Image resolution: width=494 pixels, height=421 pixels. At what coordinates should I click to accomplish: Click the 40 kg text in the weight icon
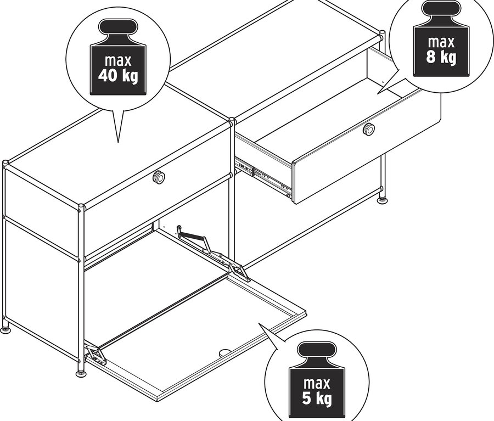pos(118,75)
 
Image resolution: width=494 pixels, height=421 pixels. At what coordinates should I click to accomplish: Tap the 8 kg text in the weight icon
pos(441,57)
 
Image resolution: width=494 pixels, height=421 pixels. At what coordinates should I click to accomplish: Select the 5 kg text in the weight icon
pos(317,399)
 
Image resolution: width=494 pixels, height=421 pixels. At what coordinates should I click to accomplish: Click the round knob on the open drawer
pos(369,129)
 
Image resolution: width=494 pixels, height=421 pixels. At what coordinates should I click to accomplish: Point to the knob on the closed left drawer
pos(159,177)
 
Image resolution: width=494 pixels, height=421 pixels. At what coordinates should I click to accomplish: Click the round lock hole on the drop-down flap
pos(225,353)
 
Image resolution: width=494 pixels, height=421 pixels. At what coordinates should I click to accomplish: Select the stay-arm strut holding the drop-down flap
pos(195,236)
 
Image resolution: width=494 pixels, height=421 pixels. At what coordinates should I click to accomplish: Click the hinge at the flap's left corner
pos(95,354)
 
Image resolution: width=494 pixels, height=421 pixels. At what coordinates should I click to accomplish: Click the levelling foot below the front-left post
pos(81,373)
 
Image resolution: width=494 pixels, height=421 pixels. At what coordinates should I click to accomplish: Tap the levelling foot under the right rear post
pos(381,200)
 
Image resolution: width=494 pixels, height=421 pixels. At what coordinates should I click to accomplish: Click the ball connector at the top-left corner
pos(5,163)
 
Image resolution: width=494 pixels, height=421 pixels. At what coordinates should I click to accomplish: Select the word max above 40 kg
pos(118,59)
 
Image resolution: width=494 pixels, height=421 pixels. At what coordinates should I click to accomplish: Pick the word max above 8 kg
pos(441,42)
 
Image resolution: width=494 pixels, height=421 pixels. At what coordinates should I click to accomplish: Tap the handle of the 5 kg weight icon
pos(317,350)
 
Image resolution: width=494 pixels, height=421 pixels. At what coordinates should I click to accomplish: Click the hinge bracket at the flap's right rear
pos(237,269)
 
